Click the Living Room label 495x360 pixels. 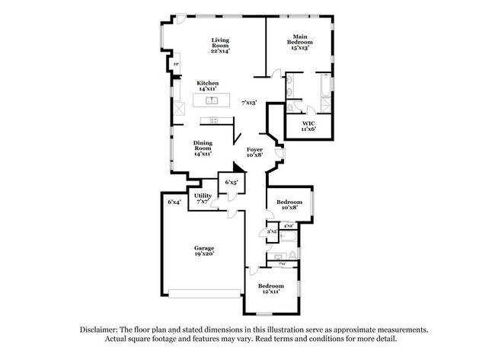coord(220,45)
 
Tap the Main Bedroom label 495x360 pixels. coord(300,41)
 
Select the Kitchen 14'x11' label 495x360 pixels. coord(207,86)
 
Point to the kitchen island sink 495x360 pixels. coord(213,100)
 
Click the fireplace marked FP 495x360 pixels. coord(176,65)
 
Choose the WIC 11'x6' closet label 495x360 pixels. coord(308,126)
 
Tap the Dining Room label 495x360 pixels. coord(202,148)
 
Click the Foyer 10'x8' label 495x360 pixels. coord(254,152)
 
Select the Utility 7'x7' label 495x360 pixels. coord(203,199)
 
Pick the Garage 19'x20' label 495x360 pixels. coord(203,250)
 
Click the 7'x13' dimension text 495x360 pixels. coord(249,102)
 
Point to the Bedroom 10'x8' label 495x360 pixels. coord(289,205)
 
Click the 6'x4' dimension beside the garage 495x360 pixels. coord(174,202)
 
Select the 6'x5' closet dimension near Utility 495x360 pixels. coord(231,183)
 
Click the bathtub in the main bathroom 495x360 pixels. coord(324,88)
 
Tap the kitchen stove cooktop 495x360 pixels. coord(208,120)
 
